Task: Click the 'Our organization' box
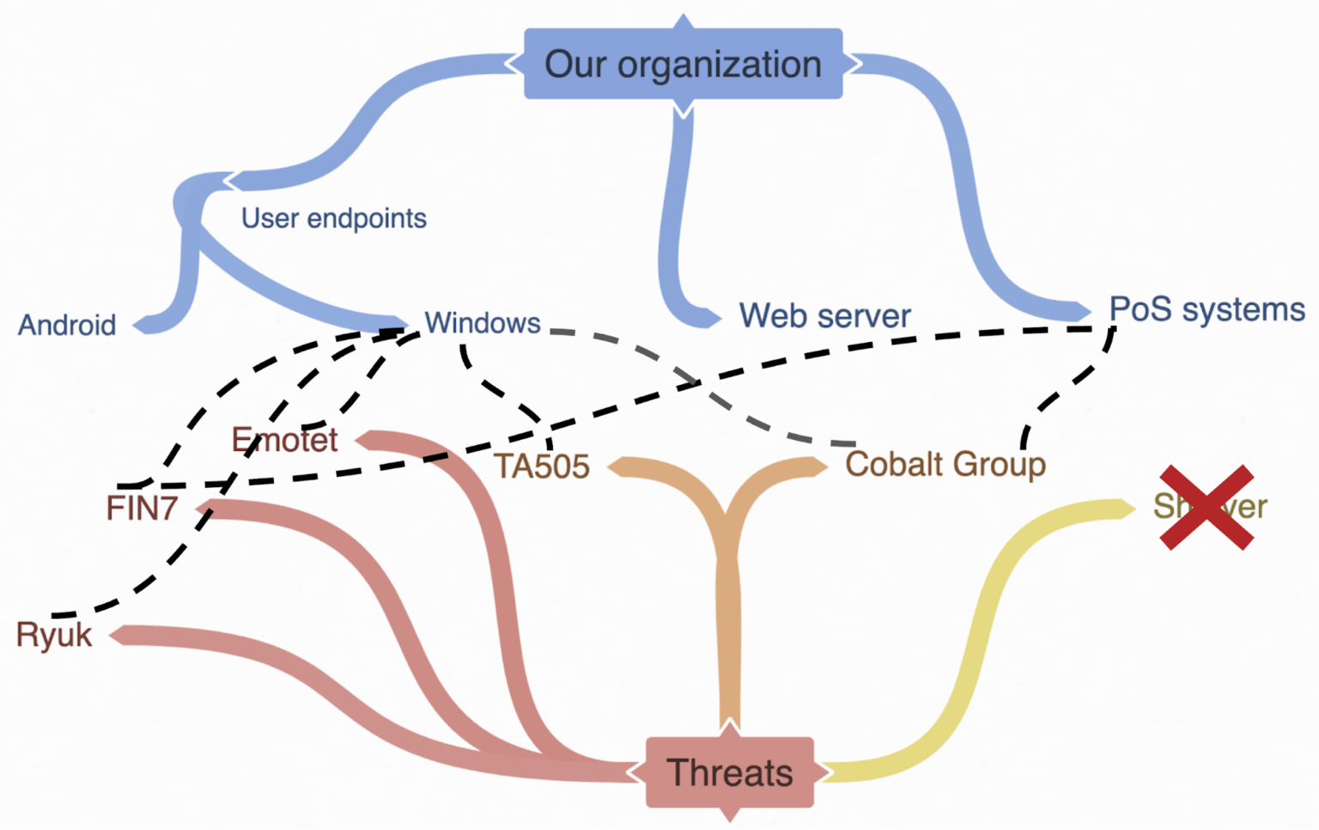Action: click(x=683, y=64)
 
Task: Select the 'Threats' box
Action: click(x=729, y=772)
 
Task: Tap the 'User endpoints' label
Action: click(x=333, y=218)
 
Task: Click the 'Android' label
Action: click(x=67, y=326)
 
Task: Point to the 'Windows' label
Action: click(x=483, y=323)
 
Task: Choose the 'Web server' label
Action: click(x=824, y=316)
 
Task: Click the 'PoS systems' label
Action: click(x=1207, y=309)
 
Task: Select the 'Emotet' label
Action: click(x=284, y=440)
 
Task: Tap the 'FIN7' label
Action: click(x=142, y=509)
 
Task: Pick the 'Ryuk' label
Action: click(x=53, y=636)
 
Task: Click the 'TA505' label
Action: click(x=541, y=467)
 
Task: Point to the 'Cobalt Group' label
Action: click(x=945, y=464)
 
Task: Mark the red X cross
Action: click(x=1207, y=507)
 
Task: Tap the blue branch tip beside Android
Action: click(x=146, y=324)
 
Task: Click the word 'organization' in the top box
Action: click(x=719, y=64)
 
